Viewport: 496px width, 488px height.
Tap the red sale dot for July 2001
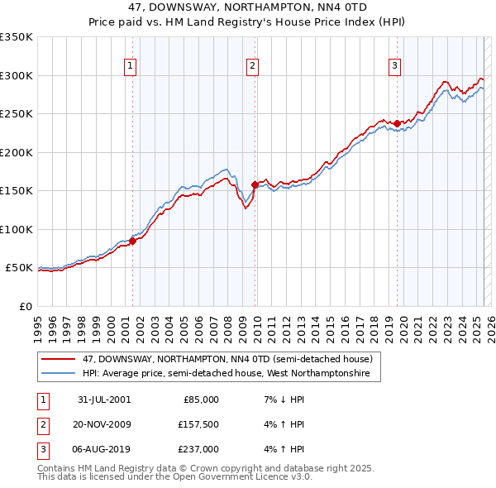click(x=132, y=241)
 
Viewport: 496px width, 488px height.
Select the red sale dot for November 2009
click(x=254, y=185)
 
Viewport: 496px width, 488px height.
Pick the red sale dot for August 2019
click(x=397, y=124)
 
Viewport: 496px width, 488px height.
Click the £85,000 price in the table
click(x=201, y=399)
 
